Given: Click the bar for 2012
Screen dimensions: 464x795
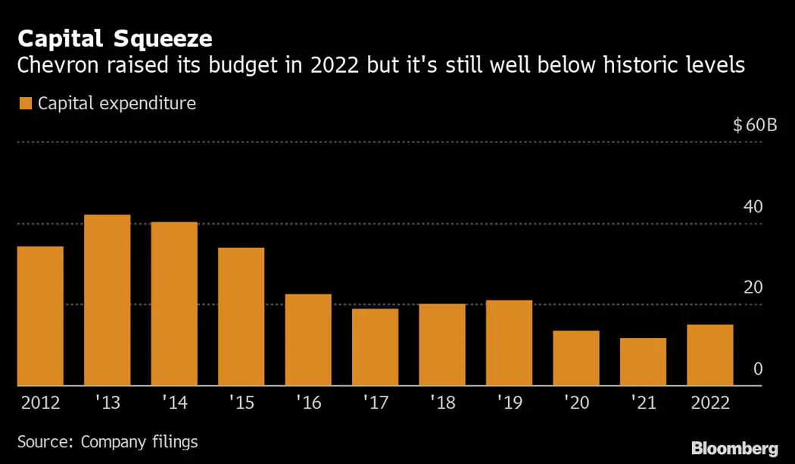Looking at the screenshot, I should (x=40, y=316).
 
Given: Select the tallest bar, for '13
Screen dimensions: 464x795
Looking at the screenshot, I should (x=107, y=300).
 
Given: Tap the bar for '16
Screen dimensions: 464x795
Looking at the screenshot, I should (x=308, y=340).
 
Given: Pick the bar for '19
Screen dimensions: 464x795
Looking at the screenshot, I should (x=509, y=343).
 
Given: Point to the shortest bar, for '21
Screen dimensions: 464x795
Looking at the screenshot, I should (x=643, y=362).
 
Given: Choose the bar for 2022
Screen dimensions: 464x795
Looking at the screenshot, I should (x=709, y=355).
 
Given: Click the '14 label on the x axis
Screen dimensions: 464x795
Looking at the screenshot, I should (x=174, y=402).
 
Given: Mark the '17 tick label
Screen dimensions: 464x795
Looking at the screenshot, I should (x=375, y=402).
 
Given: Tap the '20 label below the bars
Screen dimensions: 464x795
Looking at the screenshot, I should (x=575, y=402).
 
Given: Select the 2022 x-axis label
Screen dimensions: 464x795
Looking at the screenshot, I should (x=709, y=402).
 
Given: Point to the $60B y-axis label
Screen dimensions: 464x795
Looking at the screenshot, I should (x=755, y=126).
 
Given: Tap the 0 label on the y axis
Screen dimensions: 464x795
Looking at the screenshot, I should (x=757, y=369).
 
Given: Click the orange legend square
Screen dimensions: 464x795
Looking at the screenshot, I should (x=25, y=103).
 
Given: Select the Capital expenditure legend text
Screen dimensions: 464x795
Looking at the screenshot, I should (x=117, y=103).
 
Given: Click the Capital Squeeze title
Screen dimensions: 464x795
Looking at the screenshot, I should (x=114, y=38).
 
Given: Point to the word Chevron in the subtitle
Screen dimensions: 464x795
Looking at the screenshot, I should (x=58, y=66).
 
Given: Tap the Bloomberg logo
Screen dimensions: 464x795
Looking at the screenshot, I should (x=734, y=447).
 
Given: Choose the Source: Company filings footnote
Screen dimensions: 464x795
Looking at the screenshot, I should (x=108, y=441).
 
